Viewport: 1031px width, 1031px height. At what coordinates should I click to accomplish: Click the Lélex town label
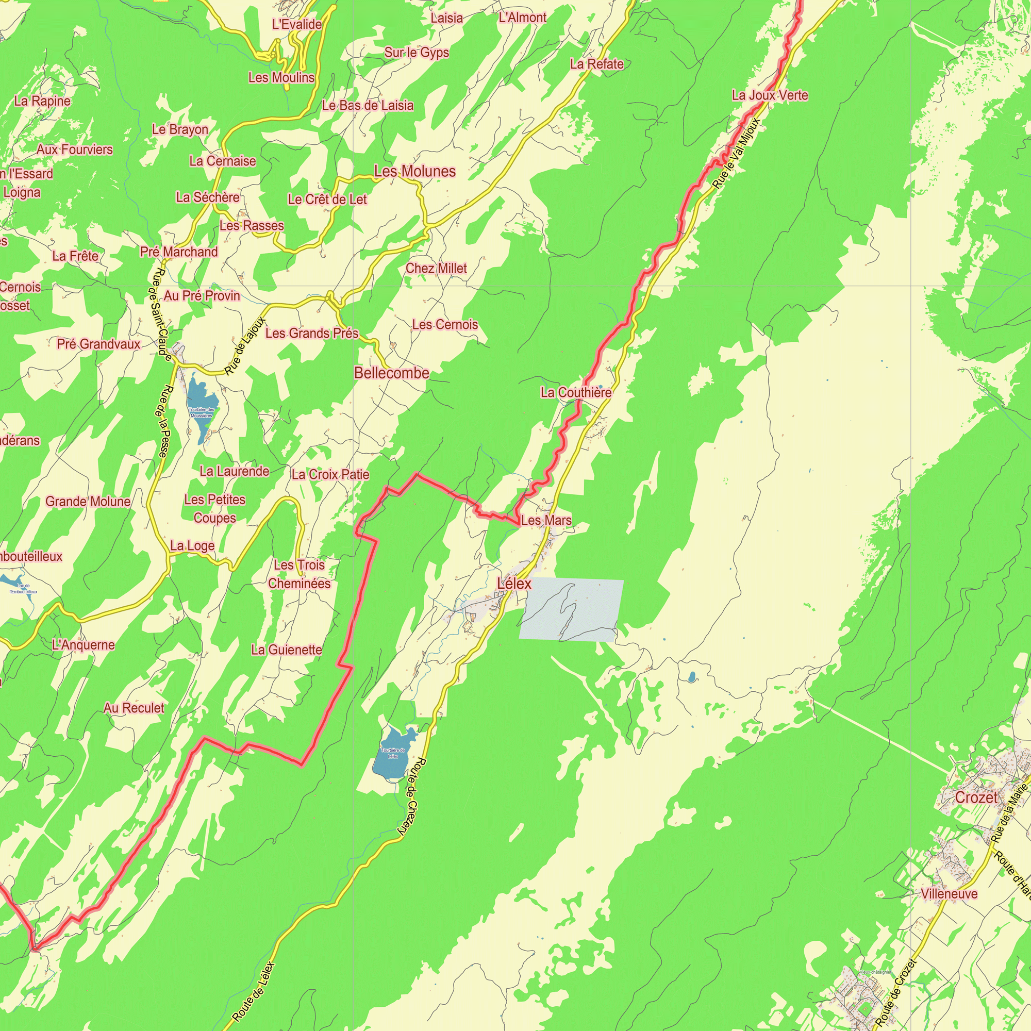click(x=514, y=583)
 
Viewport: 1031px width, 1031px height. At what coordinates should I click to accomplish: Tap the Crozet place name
click(x=976, y=797)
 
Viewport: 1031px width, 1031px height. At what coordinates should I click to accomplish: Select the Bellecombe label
click(x=392, y=373)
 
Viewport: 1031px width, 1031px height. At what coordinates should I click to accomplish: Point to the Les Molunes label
click(x=414, y=171)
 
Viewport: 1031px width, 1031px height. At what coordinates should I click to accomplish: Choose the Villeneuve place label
click(x=950, y=893)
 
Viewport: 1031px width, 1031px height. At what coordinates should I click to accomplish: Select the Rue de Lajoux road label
click(x=245, y=346)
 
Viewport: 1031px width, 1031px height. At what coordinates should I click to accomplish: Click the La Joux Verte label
click(x=770, y=95)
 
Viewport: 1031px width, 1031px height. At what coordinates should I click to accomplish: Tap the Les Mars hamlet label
click(x=546, y=520)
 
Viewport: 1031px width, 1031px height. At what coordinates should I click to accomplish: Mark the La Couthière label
click(x=576, y=393)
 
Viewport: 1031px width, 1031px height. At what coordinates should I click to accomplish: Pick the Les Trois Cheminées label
click(x=300, y=574)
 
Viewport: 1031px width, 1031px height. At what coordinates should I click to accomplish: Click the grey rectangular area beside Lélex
click(x=571, y=609)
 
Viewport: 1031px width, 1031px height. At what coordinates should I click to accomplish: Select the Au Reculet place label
click(x=134, y=708)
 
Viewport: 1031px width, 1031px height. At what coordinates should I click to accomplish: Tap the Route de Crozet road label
click(x=896, y=992)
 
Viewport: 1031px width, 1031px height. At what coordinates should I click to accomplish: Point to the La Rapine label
click(x=42, y=101)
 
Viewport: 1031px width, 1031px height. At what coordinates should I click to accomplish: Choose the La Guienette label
click(x=287, y=650)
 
